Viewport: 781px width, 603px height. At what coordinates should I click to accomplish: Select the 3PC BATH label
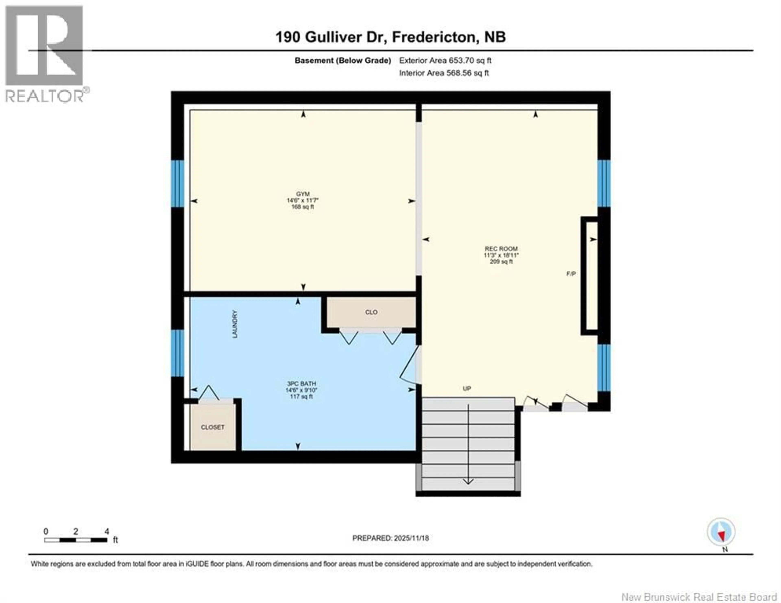(x=301, y=384)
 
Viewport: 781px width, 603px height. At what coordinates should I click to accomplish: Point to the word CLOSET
(x=213, y=427)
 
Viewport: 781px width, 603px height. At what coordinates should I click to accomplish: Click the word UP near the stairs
(x=467, y=388)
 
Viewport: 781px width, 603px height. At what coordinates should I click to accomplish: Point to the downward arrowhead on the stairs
(x=468, y=481)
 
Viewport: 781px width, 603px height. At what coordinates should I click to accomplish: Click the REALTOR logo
(x=45, y=54)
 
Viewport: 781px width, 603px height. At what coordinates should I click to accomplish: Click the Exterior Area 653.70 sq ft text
(x=445, y=60)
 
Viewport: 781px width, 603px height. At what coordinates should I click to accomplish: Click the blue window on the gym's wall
(x=177, y=184)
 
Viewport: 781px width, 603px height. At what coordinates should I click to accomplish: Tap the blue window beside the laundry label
(x=177, y=353)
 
